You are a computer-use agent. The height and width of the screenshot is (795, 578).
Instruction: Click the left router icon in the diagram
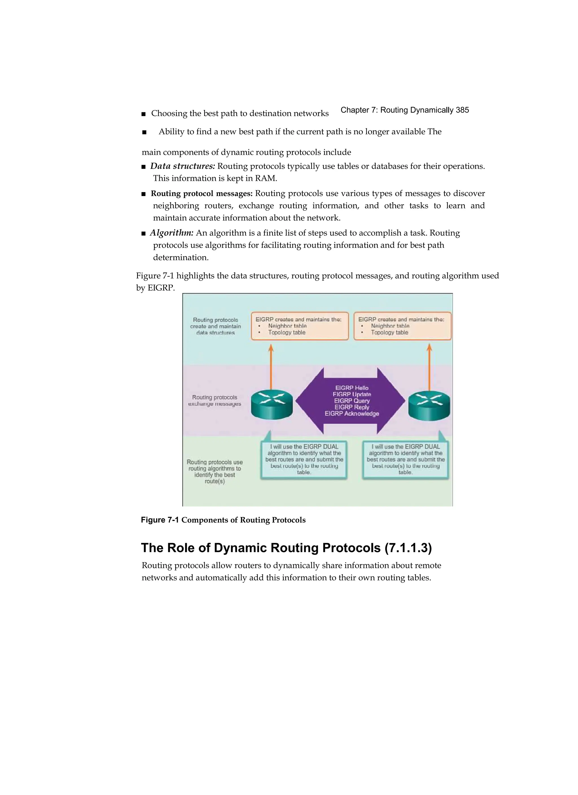tap(272, 405)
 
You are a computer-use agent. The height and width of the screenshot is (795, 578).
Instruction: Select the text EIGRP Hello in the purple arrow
tap(352, 388)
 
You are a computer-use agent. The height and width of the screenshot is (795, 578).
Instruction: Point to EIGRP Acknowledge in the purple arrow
tap(352, 414)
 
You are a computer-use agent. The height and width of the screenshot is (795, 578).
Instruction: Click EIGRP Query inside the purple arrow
tap(352, 401)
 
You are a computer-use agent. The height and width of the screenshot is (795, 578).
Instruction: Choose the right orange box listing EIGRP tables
tap(402, 326)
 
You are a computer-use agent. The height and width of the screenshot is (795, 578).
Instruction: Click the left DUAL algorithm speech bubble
tap(304, 459)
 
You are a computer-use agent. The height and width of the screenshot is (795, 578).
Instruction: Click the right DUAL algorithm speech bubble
tap(406, 459)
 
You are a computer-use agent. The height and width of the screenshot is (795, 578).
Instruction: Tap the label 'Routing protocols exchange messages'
tap(215, 400)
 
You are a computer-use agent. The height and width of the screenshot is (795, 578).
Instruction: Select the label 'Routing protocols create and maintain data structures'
tap(215, 326)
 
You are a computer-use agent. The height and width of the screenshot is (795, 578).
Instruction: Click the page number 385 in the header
tap(462, 110)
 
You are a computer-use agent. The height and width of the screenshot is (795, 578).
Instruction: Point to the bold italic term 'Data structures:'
tap(183, 166)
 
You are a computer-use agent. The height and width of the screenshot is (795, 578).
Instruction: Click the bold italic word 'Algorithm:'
tap(172, 233)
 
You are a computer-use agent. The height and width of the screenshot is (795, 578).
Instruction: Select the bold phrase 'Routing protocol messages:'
tap(202, 194)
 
